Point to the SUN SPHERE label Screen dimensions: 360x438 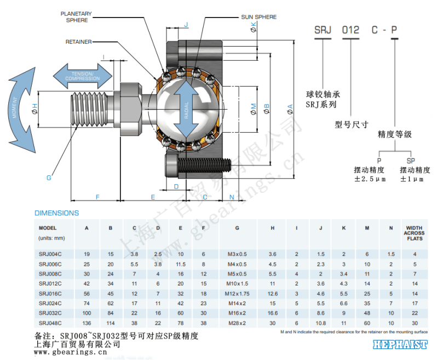click(259, 17)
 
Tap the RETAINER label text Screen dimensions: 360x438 click(78, 42)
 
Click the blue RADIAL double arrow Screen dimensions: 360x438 click(188, 107)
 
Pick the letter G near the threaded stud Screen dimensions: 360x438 click(49, 178)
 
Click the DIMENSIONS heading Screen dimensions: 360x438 click(57, 213)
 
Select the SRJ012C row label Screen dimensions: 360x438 click(50, 283)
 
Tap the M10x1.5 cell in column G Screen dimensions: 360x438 click(237, 283)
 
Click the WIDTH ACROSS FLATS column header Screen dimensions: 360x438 click(414, 233)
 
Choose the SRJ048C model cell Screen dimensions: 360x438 click(50, 323)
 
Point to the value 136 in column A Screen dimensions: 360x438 click(87, 323)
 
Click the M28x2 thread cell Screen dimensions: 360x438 click(237, 323)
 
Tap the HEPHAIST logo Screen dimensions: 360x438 click(400, 345)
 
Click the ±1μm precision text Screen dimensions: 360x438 click(416, 179)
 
